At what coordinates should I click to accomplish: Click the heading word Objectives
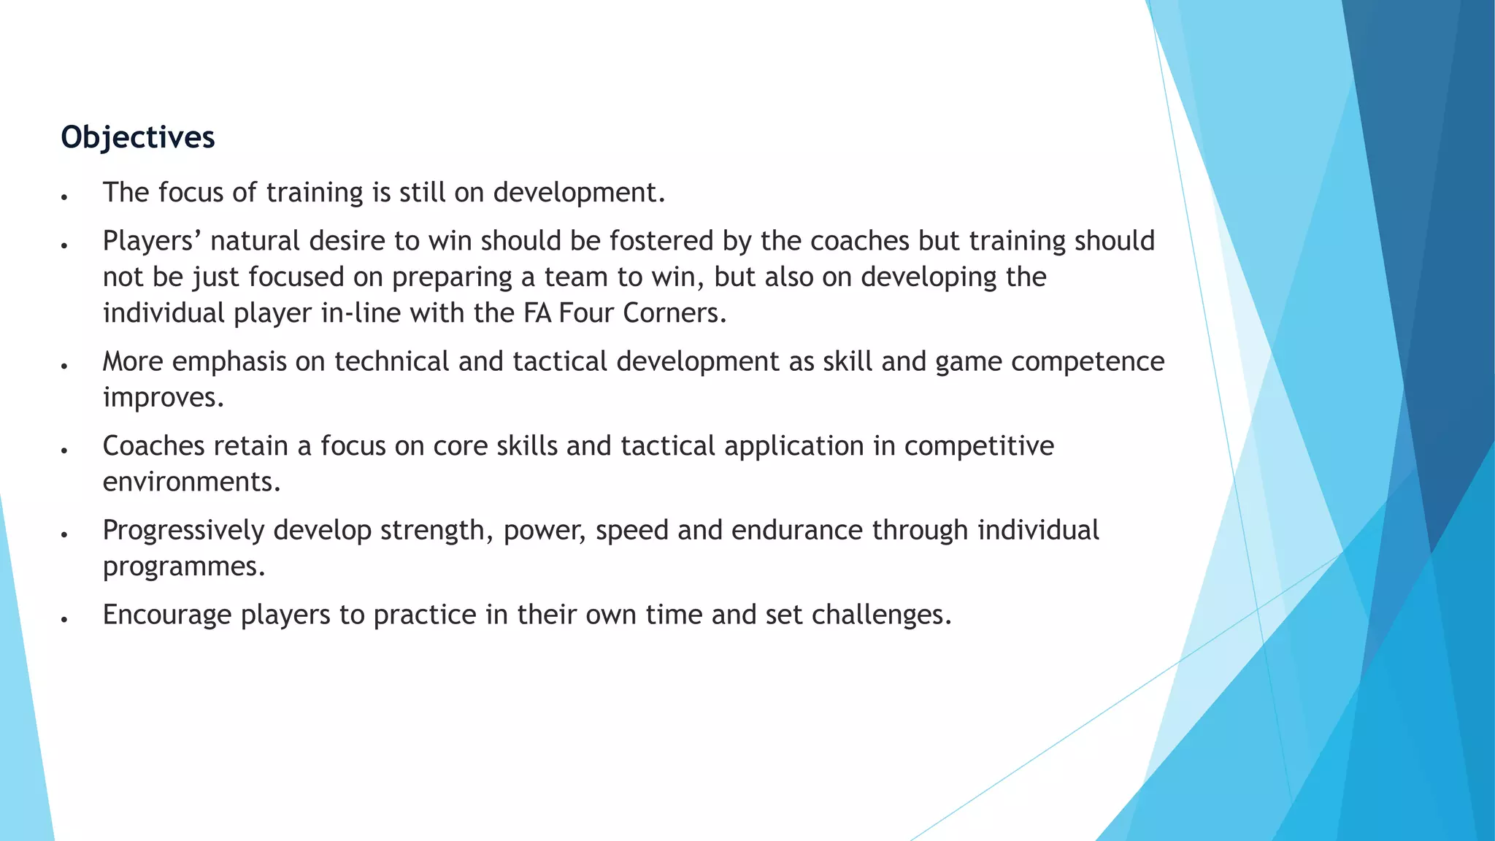pos(137,137)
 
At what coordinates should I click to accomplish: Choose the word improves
pos(163,398)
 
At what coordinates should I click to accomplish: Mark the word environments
pos(191,482)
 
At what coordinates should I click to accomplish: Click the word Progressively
pos(183,531)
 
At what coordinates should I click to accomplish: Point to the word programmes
pos(184,567)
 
